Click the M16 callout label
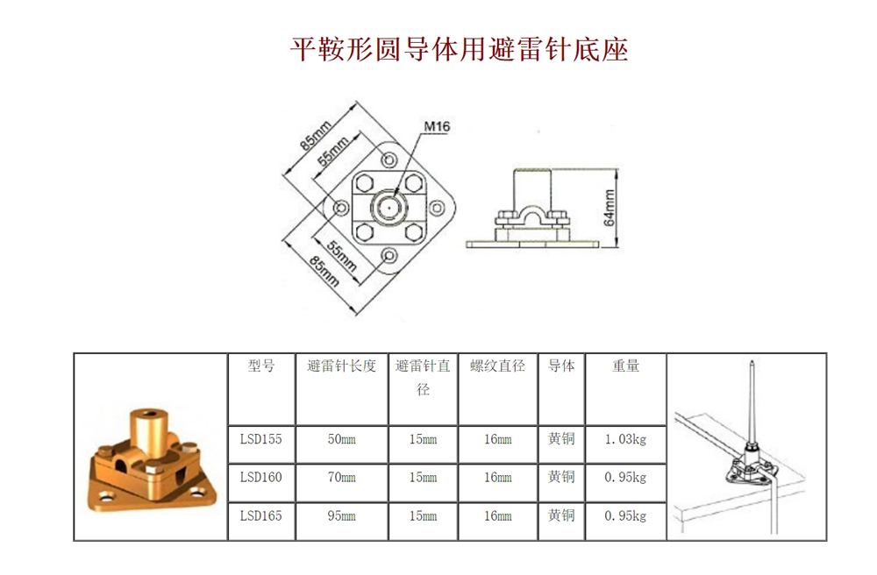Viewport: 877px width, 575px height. tap(437, 126)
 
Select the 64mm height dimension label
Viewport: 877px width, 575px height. tap(610, 208)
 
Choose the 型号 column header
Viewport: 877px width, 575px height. tap(261, 366)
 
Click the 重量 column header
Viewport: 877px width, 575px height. tap(625, 366)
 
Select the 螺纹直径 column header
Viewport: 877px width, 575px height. tap(498, 366)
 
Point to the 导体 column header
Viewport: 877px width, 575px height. tap(561, 366)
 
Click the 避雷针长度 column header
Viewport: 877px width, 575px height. tap(342, 366)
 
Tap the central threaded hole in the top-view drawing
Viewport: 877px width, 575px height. tap(389, 208)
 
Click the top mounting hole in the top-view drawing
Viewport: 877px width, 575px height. tap(389, 160)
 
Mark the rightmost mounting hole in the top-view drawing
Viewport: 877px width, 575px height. tap(437, 209)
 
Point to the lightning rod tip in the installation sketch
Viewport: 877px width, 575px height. tap(752, 362)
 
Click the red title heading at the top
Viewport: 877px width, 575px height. tap(460, 49)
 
